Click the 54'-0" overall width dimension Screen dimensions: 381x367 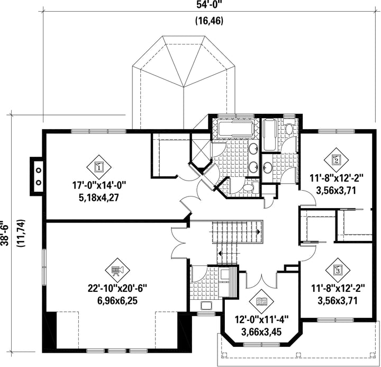coord(209,5)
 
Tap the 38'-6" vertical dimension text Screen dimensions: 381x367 coord(5,233)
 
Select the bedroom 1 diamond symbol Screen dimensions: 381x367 coord(99,167)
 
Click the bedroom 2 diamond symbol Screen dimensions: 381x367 coord(336,160)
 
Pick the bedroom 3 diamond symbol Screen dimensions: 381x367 coord(338,269)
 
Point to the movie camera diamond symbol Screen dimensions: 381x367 coord(117,270)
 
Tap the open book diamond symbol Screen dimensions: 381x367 coord(261,301)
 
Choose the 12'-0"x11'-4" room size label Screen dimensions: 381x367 coord(261,319)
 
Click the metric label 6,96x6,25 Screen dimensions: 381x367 coord(117,301)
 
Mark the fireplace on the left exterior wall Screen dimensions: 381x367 coord(37,176)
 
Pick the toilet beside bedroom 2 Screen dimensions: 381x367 coord(289,129)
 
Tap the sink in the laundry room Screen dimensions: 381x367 coord(206,306)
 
